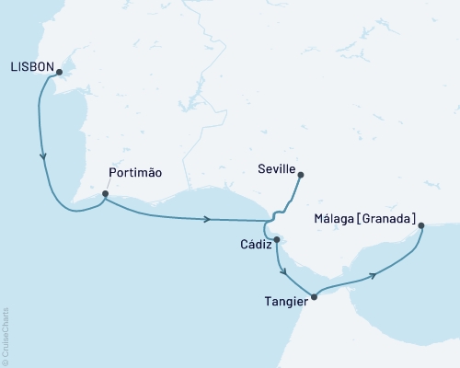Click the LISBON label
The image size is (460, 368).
pos(29,67)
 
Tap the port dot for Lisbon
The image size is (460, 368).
pos(58,74)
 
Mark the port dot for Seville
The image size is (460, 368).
pos(300,175)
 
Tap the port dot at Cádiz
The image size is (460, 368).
pos(276,239)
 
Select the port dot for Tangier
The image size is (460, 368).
pos(315,296)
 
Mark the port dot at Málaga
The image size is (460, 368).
pos(420,225)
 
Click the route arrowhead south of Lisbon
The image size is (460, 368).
pos(43,157)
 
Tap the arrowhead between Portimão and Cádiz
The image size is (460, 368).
pos(208,219)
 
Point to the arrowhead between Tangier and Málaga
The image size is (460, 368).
pos(372,275)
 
